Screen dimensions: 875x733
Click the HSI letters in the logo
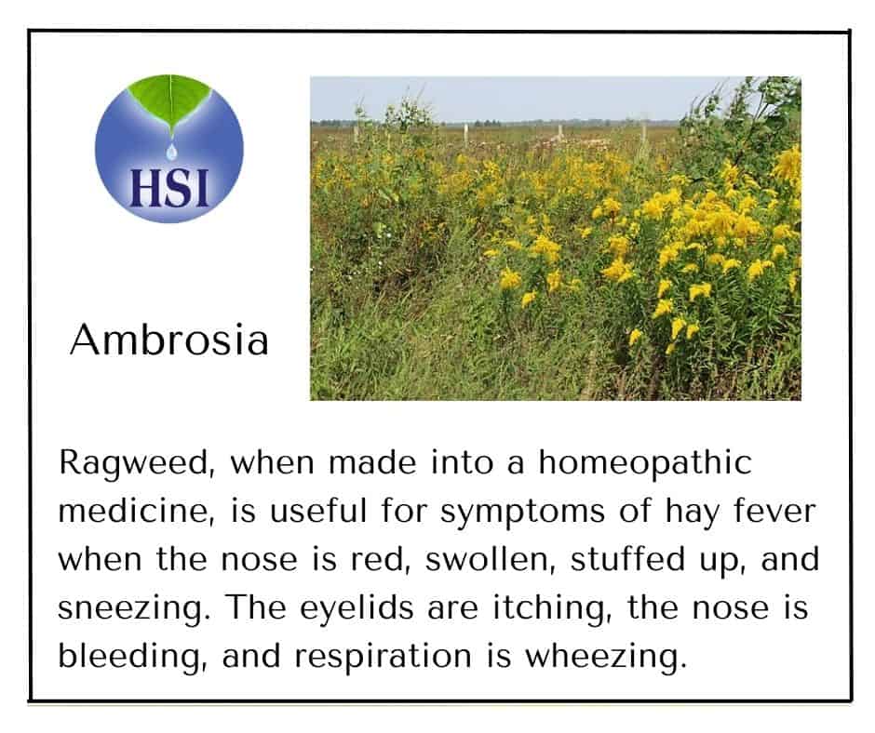pyautogui.click(x=169, y=187)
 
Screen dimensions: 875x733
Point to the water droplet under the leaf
pyautogui.click(x=171, y=151)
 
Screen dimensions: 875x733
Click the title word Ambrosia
pyautogui.click(x=169, y=340)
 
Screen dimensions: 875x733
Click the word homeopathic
pyautogui.click(x=645, y=464)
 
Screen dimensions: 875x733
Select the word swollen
pyautogui.click(x=491, y=559)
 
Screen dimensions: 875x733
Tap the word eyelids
pyautogui.click(x=357, y=608)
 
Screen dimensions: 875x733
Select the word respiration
pyautogui.click(x=383, y=658)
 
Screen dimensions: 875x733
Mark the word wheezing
pyautogui.click(x=606, y=658)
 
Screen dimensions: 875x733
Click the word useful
pyautogui.click(x=318, y=511)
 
